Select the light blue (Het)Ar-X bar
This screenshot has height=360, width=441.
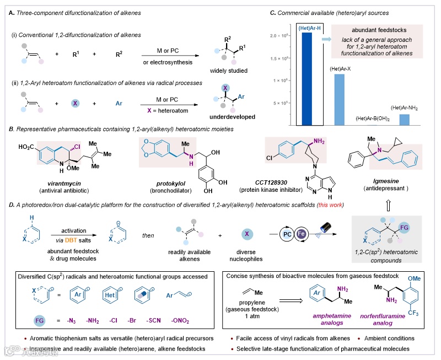point(339,96)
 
